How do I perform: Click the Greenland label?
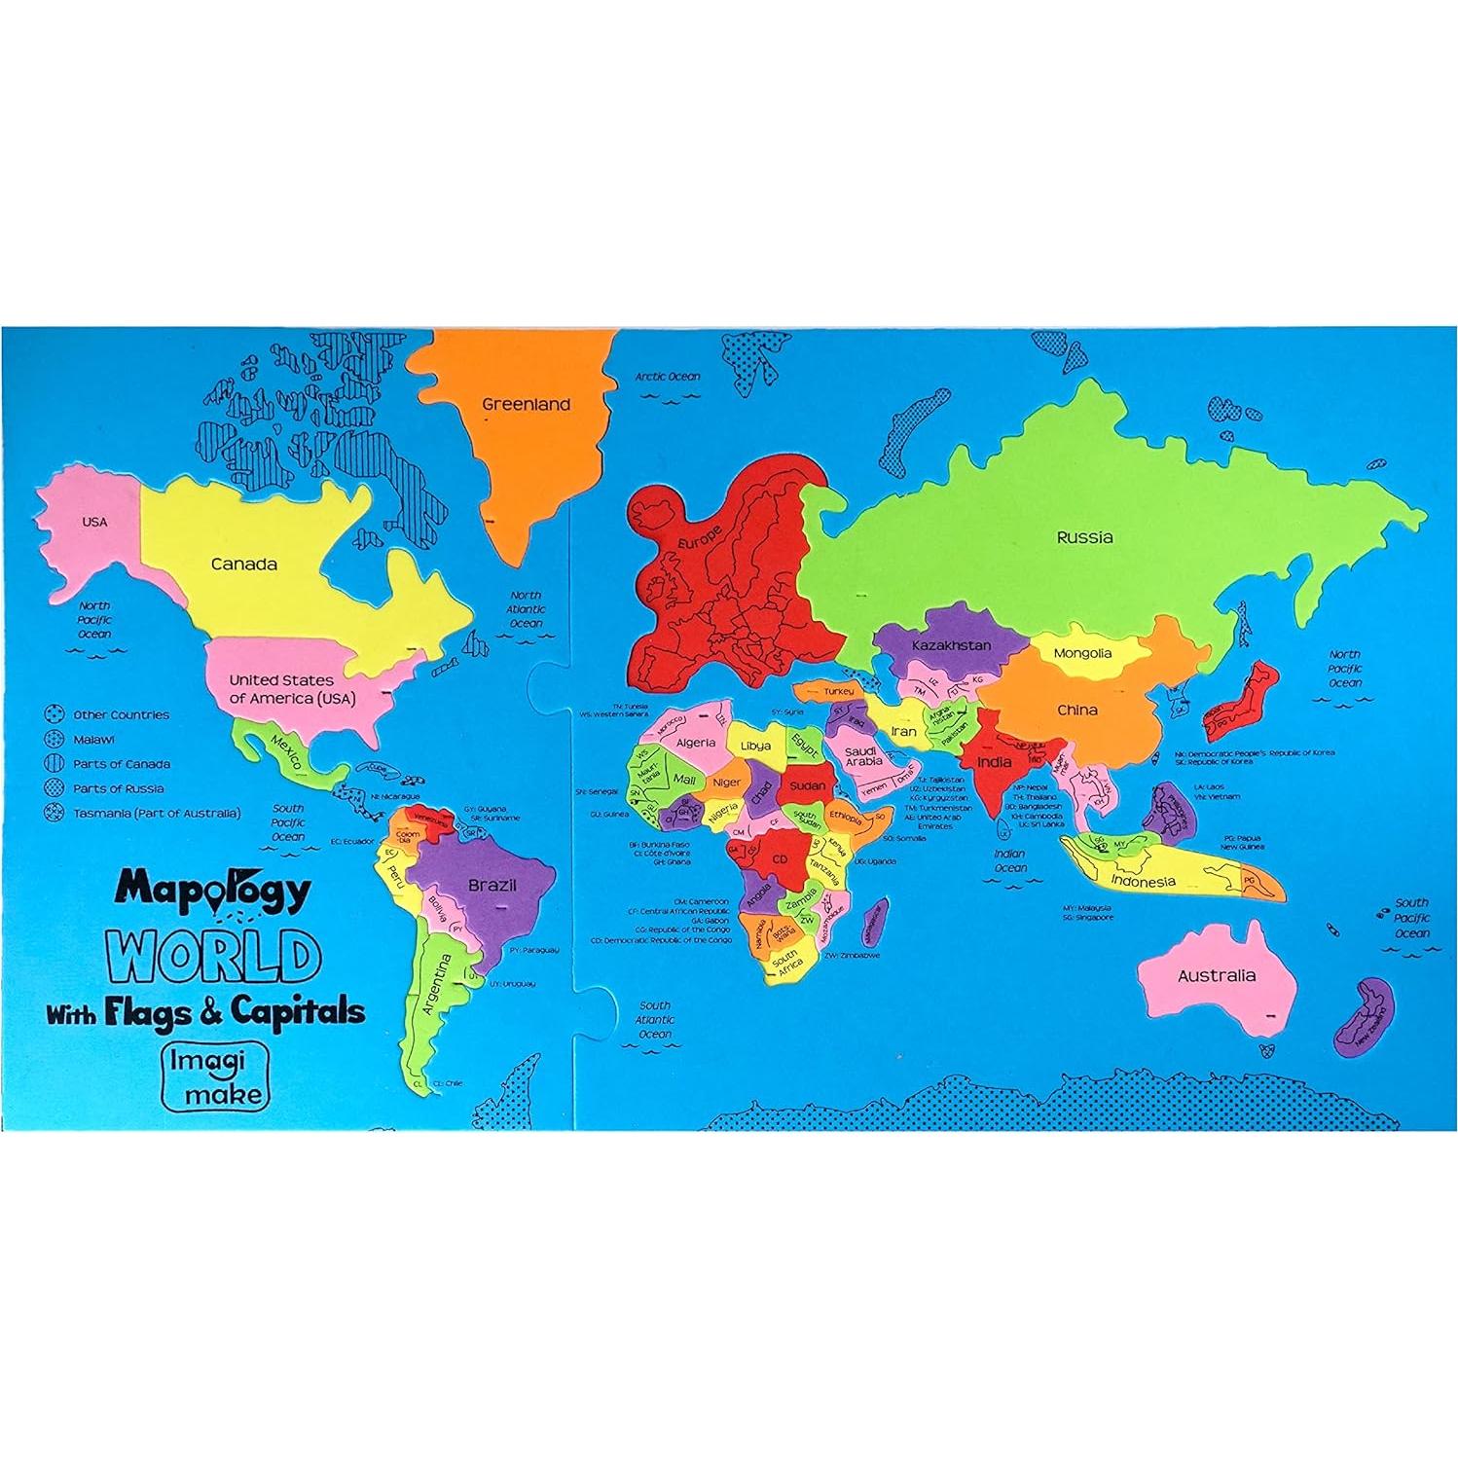click(x=526, y=404)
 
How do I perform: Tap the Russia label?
click(x=1084, y=536)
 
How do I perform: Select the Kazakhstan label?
click(x=951, y=645)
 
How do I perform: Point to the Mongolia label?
click(x=1081, y=653)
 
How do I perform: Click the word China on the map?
click(x=1077, y=710)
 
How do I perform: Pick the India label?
click(x=994, y=762)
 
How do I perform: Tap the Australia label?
click(x=1216, y=975)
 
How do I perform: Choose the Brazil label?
click(x=492, y=886)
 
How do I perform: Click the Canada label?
click(x=243, y=564)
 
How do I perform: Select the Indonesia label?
click(x=1143, y=882)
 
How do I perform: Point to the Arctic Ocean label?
click(x=668, y=377)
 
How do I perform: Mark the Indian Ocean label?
click(x=1009, y=861)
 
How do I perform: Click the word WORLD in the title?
click(x=214, y=957)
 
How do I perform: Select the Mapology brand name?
click(x=213, y=890)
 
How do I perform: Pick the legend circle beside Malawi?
click(x=54, y=740)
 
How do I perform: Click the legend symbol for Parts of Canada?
click(x=54, y=764)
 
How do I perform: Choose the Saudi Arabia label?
click(x=862, y=755)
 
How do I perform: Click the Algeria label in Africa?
click(x=695, y=743)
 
